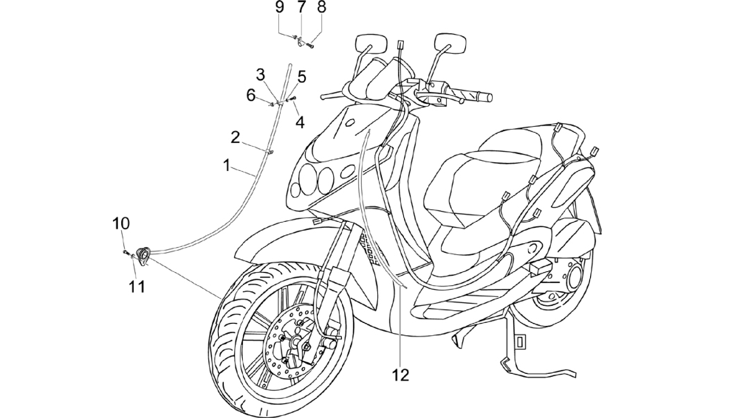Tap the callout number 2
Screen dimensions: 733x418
tap(235, 137)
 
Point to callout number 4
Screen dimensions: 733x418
tap(300, 122)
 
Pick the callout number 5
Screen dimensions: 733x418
tap(302, 76)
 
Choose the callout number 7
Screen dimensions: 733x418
tap(301, 7)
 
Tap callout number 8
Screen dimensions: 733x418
tap(322, 7)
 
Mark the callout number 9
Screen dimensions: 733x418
tap(280, 7)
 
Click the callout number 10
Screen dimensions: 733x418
tap(121, 224)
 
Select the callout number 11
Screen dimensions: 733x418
tap(137, 287)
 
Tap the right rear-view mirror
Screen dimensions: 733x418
tap(450, 43)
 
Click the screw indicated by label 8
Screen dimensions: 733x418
tap(310, 45)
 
